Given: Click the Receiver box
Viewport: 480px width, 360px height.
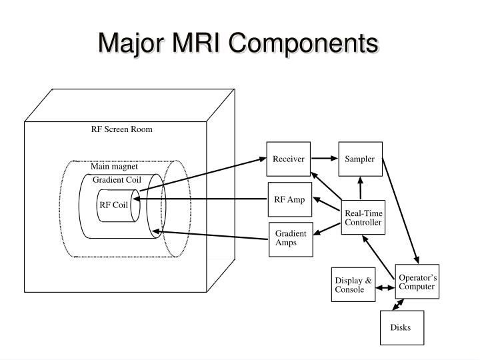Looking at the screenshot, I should coord(289,159).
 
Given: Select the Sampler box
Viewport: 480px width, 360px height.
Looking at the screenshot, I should coord(360,159).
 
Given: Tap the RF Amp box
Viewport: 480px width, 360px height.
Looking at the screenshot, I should coord(289,199).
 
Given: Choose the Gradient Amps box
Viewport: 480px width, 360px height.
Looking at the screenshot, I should coord(291,238).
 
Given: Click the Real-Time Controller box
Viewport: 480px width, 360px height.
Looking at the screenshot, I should coord(363,217).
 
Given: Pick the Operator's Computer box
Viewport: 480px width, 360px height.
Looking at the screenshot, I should coord(417,281).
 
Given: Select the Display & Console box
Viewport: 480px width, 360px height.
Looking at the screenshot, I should coord(353,285).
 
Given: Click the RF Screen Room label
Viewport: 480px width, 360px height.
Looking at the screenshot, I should coord(122,129).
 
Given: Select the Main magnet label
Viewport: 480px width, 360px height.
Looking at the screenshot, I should coord(114,167).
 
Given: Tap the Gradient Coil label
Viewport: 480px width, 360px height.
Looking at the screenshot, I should coord(117,179).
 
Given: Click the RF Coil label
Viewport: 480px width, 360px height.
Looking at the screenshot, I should coord(113,205).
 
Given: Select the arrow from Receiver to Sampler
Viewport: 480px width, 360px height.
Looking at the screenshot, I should coord(325,159).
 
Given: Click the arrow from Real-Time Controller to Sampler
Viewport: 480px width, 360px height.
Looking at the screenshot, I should coord(361,188).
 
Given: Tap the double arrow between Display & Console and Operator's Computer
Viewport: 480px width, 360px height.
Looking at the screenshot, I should coord(385,289).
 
